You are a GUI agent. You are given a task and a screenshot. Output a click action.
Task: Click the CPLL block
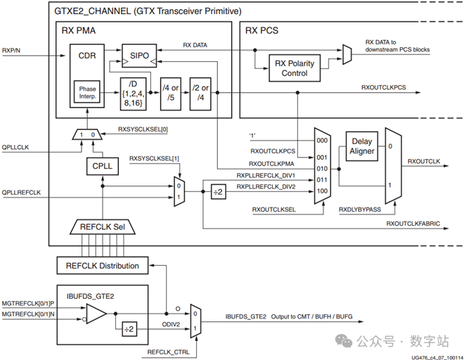tap(103, 166)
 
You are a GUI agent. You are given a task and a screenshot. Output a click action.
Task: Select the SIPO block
tap(139, 56)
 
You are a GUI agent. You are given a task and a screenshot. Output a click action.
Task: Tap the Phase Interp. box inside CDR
tap(87, 92)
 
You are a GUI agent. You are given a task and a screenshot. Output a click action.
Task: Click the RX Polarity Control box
tap(295, 68)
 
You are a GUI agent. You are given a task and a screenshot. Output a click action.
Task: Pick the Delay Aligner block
tap(362, 146)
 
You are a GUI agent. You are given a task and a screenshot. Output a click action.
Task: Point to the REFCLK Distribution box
tap(103, 266)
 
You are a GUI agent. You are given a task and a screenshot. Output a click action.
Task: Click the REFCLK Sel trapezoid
tap(103, 227)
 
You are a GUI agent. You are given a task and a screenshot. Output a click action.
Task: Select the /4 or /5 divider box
tap(171, 94)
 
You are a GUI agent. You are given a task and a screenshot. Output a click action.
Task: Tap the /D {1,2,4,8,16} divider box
tap(133, 94)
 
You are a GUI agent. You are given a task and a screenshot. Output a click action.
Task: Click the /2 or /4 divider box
tap(200, 94)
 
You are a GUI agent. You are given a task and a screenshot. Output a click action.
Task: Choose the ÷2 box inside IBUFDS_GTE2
tap(129, 329)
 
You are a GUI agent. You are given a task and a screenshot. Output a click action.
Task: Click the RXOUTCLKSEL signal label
tap(273, 210)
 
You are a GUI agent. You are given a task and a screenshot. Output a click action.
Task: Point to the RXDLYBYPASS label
tap(360, 210)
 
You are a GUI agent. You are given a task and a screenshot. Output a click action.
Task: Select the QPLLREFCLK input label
tap(21, 193)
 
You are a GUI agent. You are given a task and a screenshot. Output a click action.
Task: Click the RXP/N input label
tap(11, 51)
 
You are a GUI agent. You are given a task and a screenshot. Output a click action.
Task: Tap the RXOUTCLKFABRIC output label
tap(413, 224)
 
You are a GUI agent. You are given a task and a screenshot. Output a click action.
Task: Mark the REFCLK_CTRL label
tap(169, 352)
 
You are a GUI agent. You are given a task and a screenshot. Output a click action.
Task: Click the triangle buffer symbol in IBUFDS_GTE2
tap(96, 314)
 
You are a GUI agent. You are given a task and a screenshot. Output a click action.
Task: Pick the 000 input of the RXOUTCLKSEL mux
tap(322, 141)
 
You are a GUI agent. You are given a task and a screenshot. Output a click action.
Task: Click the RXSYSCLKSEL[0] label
tap(143, 129)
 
